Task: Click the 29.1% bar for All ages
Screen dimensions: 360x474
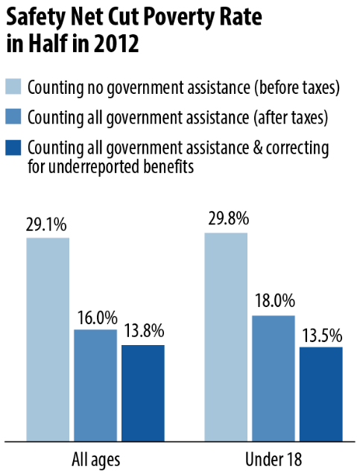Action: [48, 340]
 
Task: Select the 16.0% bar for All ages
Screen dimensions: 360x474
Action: [95, 385]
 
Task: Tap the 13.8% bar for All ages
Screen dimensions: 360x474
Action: [143, 393]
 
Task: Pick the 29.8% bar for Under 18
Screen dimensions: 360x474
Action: [226, 337]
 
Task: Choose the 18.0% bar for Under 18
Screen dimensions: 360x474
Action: [274, 379]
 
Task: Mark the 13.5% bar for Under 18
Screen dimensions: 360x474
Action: [321, 394]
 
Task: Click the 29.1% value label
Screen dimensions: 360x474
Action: [46, 224]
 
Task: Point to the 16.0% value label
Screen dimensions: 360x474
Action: [98, 317]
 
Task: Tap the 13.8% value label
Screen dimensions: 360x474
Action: [144, 331]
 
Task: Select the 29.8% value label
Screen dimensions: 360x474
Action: [229, 218]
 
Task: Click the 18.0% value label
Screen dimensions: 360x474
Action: [275, 301]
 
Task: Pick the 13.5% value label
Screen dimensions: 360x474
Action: [322, 336]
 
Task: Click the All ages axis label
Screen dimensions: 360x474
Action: [96, 460]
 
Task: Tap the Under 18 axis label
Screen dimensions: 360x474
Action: [274, 459]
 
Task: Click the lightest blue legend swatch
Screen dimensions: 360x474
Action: [13, 86]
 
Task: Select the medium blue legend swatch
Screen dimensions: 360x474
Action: [13, 116]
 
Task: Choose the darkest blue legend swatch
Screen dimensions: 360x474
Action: [13, 148]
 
